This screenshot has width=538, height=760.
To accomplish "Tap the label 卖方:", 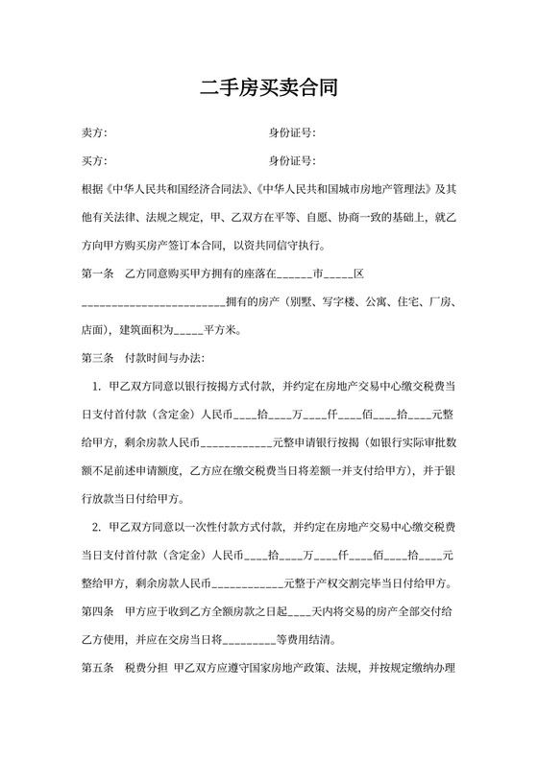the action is tap(94, 132).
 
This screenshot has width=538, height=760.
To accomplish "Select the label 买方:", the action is tap(94, 160).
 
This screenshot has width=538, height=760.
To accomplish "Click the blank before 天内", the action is tap(299, 610).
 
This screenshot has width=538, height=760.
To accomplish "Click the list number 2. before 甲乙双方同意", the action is tap(97, 527).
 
